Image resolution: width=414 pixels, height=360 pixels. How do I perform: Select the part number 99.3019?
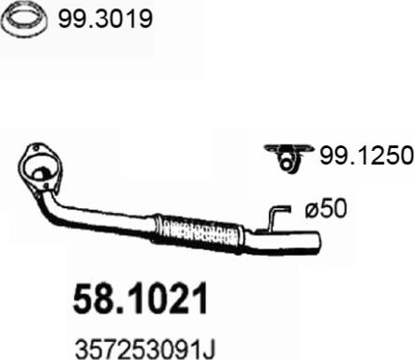(x=105, y=19)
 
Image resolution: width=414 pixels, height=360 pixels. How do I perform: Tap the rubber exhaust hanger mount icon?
(x=288, y=157)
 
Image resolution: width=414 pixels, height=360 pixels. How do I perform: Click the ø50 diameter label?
(x=326, y=208)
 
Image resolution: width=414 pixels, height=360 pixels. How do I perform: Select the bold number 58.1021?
(x=140, y=298)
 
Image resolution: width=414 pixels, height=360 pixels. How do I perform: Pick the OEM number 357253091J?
(x=145, y=350)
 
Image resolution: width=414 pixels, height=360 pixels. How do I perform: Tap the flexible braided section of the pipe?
(x=199, y=232)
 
